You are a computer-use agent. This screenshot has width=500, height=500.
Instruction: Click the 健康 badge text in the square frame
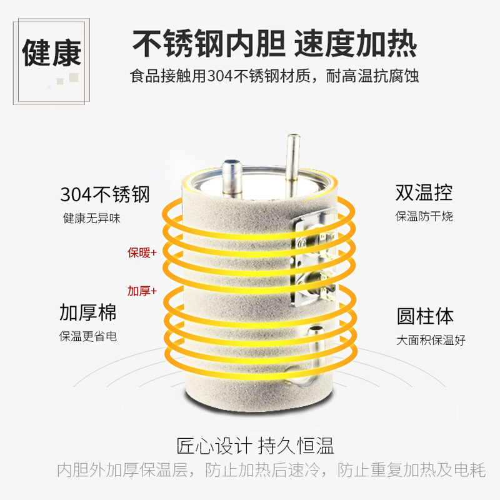[x=52, y=53]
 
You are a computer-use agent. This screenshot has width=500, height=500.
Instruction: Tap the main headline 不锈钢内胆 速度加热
[x=274, y=43]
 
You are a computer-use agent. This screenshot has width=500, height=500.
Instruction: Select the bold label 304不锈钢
[x=105, y=194]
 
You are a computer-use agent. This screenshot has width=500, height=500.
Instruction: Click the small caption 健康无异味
[x=92, y=218]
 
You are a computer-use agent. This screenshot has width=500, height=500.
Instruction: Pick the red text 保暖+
[x=142, y=252]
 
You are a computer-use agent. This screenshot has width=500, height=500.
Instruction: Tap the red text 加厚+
[x=142, y=291]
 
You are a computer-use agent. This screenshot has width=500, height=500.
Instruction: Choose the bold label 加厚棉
[x=88, y=312]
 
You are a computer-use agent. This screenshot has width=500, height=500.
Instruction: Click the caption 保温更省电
[x=88, y=336]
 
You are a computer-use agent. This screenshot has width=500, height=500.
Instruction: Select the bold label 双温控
[x=424, y=192]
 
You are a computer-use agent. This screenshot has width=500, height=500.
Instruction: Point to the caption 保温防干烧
[x=424, y=216]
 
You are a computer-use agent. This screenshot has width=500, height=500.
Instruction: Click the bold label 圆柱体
[x=425, y=316]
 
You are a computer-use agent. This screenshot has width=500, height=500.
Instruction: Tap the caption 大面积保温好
[x=431, y=340]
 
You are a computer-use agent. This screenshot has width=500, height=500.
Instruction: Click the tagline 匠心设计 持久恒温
[x=256, y=446]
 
